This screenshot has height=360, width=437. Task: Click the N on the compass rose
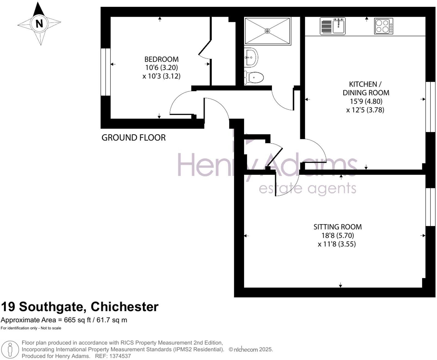(x=39, y=24)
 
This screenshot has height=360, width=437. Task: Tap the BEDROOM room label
(x=161, y=59)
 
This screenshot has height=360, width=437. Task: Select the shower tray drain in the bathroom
(x=267, y=31)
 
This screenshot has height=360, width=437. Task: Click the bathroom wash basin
(x=251, y=57)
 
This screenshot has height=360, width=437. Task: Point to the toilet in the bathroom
(x=254, y=77)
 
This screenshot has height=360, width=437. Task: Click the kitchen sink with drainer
(x=333, y=26)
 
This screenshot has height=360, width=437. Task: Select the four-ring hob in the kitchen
(x=383, y=26)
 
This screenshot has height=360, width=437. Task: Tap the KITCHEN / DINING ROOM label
(x=366, y=88)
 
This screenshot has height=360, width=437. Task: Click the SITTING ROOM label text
(x=337, y=227)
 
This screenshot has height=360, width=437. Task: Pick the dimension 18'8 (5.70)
(x=337, y=235)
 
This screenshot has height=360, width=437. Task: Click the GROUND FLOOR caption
(x=133, y=138)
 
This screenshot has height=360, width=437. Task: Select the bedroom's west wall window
(x=105, y=72)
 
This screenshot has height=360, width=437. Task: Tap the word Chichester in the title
(x=125, y=307)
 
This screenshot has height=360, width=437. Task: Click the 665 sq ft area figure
(x=77, y=320)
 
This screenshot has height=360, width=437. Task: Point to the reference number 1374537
(x=120, y=356)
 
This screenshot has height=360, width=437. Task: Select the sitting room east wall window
(x=430, y=207)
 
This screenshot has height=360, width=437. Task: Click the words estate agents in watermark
(x=307, y=189)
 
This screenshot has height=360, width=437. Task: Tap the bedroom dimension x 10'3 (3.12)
(x=161, y=76)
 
